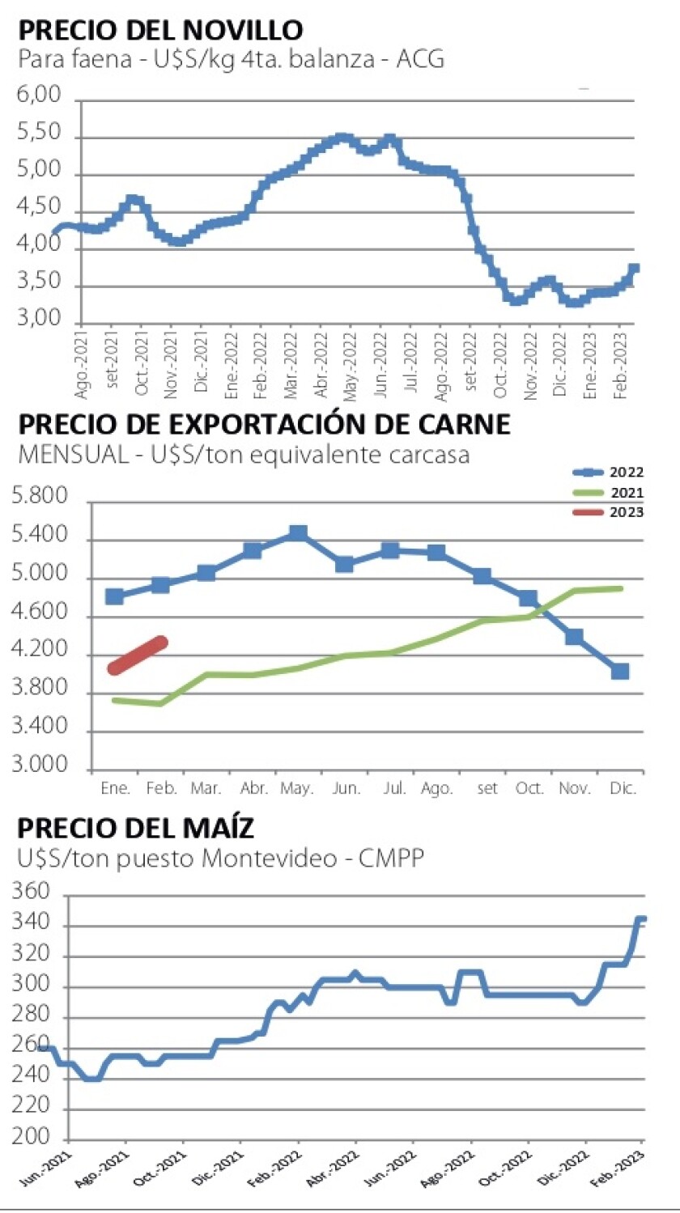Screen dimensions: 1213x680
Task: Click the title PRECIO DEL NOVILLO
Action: pyautogui.click(x=160, y=30)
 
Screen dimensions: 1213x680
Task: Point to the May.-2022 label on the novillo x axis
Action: pyautogui.click(x=351, y=356)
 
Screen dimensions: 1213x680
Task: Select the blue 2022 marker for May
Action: pyautogui.click(x=298, y=533)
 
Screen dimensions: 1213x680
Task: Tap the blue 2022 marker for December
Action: pyautogui.click(x=620, y=671)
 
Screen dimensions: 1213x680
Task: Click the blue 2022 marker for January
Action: pyautogui.click(x=115, y=596)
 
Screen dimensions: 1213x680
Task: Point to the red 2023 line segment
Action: pyautogui.click(x=138, y=655)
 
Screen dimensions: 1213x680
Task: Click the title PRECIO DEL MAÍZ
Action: pyautogui.click(x=136, y=829)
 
